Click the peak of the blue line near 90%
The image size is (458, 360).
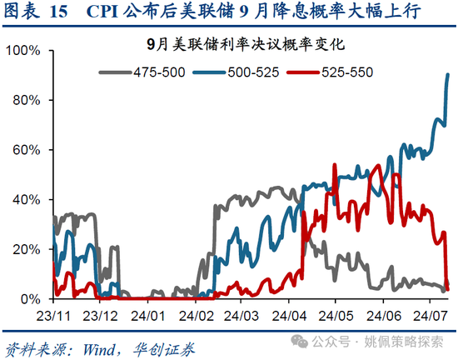pos(449,75)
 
